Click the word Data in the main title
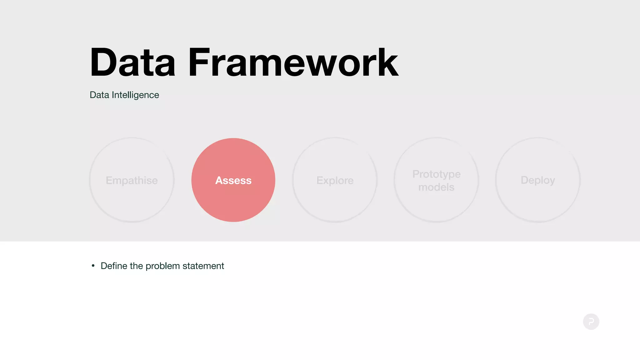(132, 62)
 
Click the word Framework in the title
(293, 62)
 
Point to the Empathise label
(132, 180)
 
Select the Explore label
(335, 180)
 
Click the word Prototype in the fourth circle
(436, 174)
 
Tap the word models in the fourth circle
(436, 187)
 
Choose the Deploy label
(537, 180)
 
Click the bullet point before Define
(93, 266)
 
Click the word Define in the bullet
(114, 266)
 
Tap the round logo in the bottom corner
(591, 322)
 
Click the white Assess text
(233, 180)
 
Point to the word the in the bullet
(136, 266)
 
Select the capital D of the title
(102, 62)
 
